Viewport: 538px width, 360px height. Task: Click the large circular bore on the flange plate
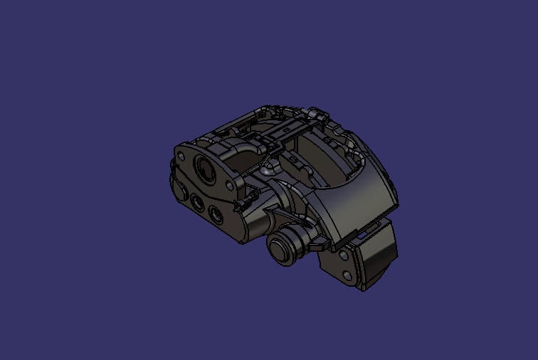(x=205, y=168)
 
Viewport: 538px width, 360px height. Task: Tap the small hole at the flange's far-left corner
(x=183, y=152)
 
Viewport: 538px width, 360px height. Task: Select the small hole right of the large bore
(x=229, y=186)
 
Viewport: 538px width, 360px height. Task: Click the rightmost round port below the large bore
(x=214, y=212)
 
